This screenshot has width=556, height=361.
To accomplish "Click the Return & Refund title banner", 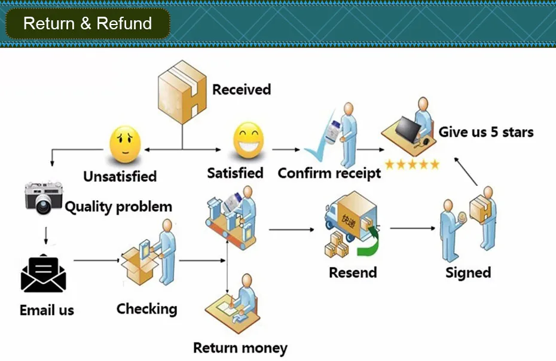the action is [87, 24].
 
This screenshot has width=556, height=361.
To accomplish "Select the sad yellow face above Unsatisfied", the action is [125, 146].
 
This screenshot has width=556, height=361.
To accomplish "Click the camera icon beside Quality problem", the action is [43, 197].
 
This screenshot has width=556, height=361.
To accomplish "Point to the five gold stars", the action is [412, 164].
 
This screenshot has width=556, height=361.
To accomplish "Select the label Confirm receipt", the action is [329, 173].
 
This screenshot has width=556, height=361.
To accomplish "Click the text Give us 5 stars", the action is [486, 132].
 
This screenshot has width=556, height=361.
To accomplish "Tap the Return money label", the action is [240, 348].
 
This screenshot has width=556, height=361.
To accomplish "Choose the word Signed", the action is [468, 273].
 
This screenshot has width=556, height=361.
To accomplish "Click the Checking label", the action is [146, 309].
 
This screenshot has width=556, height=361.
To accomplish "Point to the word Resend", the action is [353, 273].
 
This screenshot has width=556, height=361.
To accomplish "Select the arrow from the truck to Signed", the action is [413, 228].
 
